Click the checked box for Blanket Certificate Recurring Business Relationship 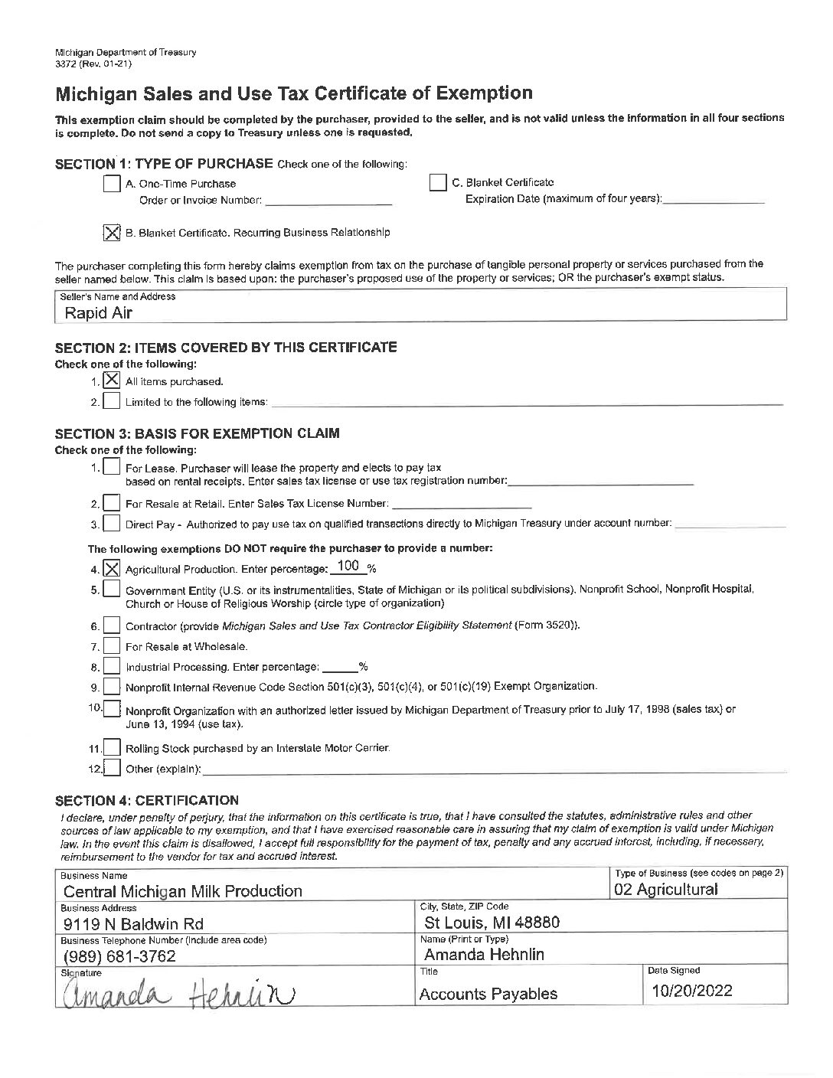112,233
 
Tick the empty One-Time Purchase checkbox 112,184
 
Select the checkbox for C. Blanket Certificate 438,183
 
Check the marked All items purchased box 112,381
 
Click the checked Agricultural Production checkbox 112,569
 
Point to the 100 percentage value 348,567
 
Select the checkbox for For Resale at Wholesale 112,647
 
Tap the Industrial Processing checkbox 112,667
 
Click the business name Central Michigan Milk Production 183,891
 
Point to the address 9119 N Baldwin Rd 133,923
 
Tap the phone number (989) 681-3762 119,956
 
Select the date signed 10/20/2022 691,991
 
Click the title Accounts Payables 488,995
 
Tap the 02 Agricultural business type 666,890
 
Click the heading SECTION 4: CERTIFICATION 147,801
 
